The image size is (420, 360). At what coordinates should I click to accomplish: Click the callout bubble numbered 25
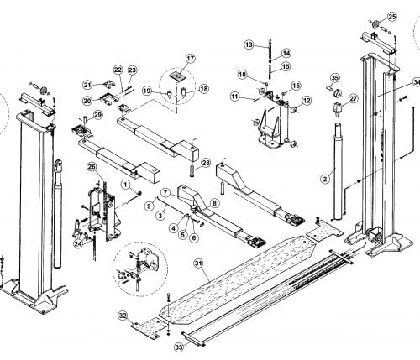pyautogui.click(x=392, y=17)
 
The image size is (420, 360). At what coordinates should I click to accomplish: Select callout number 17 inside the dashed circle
pyautogui.click(x=190, y=59)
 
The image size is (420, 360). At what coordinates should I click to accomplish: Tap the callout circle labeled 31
pyautogui.click(x=199, y=263)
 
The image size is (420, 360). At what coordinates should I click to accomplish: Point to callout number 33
pyautogui.click(x=179, y=347)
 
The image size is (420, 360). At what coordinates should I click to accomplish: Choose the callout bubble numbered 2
pyautogui.click(x=325, y=179)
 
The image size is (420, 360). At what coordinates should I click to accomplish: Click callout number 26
pyautogui.click(x=92, y=167)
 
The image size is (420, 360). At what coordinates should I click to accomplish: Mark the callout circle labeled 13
pyautogui.click(x=249, y=44)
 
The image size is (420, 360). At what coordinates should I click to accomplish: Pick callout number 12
pyautogui.click(x=307, y=101)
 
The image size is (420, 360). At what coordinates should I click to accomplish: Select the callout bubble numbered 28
pyautogui.click(x=206, y=163)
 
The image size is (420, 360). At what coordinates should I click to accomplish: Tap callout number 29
pyautogui.click(x=98, y=115)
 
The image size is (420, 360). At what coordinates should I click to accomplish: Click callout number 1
pyautogui.click(x=126, y=185)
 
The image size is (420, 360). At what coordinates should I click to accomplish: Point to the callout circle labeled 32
pyautogui.click(x=123, y=316)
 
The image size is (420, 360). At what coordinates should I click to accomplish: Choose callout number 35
pyautogui.click(x=334, y=78)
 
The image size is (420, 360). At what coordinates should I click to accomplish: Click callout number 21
pyautogui.click(x=87, y=85)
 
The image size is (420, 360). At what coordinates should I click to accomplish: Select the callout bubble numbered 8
pyautogui.click(x=214, y=203)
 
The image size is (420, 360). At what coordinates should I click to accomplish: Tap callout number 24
pyautogui.click(x=78, y=243)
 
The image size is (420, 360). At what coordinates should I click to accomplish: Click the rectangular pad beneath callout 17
pyautogui.click(x=176, y=76)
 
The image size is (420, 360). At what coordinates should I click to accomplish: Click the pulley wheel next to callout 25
pyautogui.click(x=376, y=24)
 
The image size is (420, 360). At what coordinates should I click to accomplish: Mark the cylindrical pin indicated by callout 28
pyautogui.click(x=192, y=170)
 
